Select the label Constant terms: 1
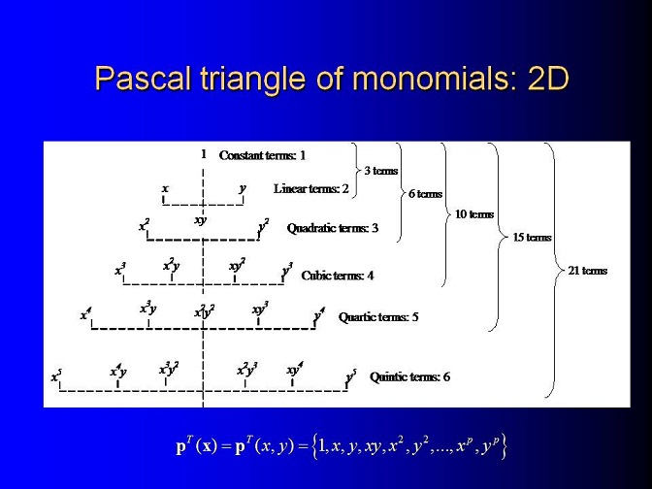(262, 155)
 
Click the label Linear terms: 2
(311, 189)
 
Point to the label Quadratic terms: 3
(333, 228)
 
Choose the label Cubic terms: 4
(338, 276)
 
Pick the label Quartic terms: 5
(378, 317)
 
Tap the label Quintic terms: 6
(409, 377)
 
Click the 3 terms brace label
(381, 171)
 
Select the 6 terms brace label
(425, 194)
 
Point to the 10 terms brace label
(474, 214)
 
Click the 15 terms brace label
(532, 238)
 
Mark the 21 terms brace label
(588, 271)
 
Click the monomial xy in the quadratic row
(201, 220)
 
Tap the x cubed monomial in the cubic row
(120, 270)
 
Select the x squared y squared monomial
(204, 310)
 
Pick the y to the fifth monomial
(351, 376)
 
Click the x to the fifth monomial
(56, 375)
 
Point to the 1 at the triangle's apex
(204, 154)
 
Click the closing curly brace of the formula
(504, 446)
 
